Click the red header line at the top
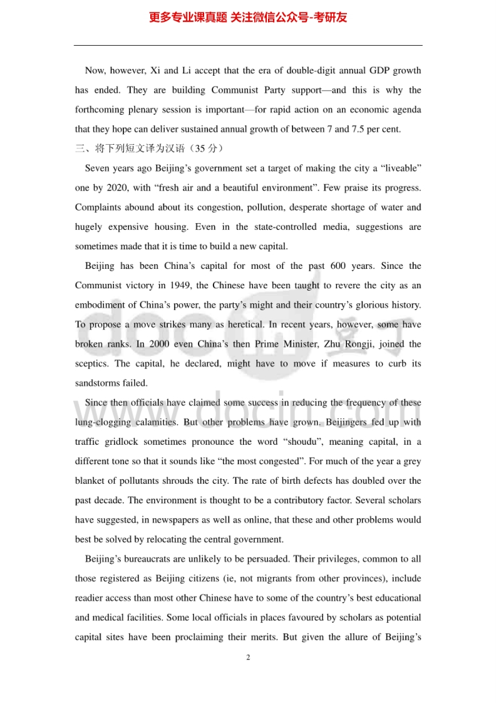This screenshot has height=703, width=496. coord(248,18)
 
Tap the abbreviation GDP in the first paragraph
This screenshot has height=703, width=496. coord(380,71)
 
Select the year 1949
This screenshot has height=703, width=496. coord(175,286)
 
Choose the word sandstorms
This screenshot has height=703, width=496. coord(97,383)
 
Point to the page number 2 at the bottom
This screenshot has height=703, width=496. coord(248,657)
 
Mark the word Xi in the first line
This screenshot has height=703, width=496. coord(156,71)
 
